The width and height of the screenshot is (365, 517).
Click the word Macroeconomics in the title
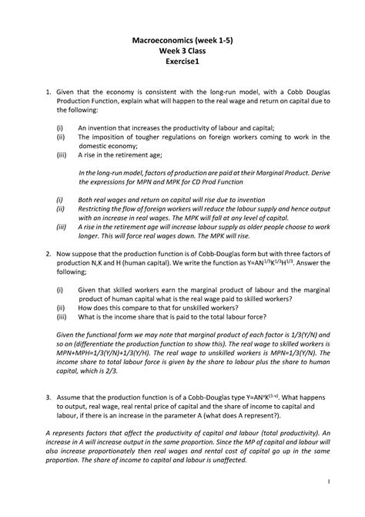[159, 37]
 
